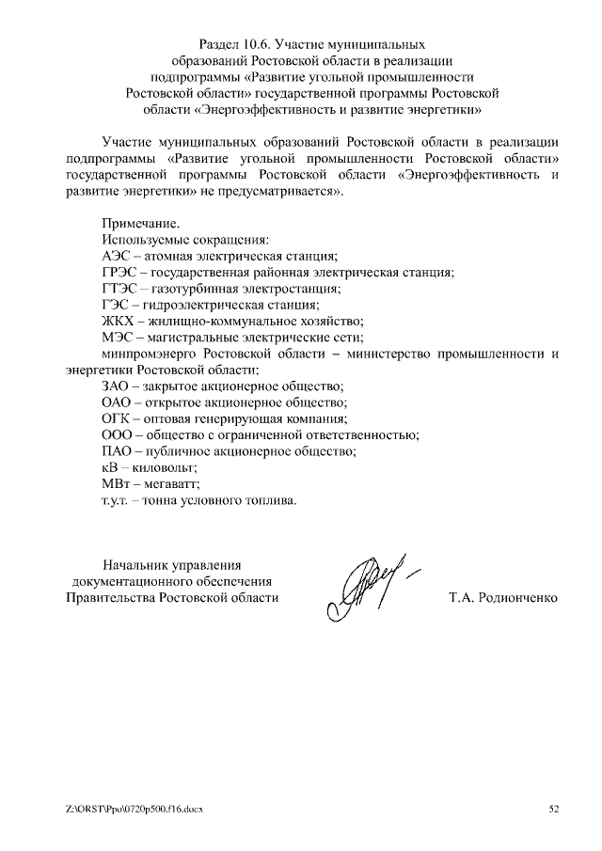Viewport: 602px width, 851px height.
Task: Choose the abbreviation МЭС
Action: click(x=117, y=337)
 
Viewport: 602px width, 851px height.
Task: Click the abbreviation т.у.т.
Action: click(x=115, y=500)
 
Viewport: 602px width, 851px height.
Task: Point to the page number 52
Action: click(x=553, y=808)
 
